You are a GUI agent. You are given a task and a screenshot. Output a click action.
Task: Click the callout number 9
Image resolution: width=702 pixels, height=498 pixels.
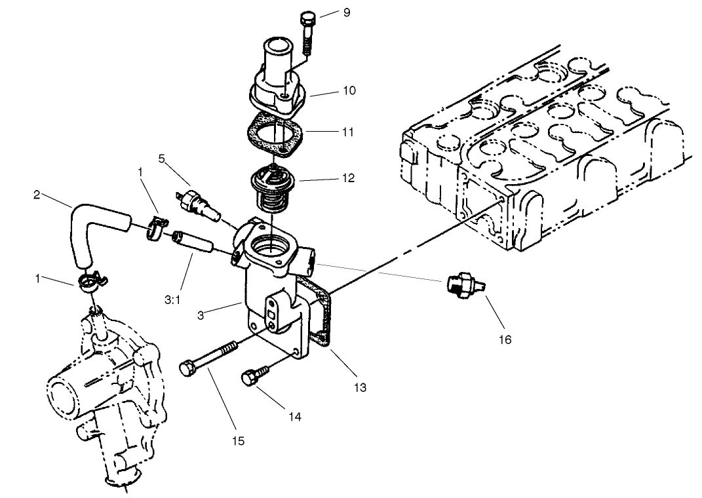[347, 12]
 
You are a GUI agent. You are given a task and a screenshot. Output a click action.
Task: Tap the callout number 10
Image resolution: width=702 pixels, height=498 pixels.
[349, 90]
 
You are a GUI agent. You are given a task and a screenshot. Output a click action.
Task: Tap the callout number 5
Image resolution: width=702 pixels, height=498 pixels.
[161, 158]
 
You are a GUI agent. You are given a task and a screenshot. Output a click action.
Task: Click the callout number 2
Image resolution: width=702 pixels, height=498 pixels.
[37, 194]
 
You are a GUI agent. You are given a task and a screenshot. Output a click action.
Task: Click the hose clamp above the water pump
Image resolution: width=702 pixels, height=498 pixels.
[90, 282]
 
